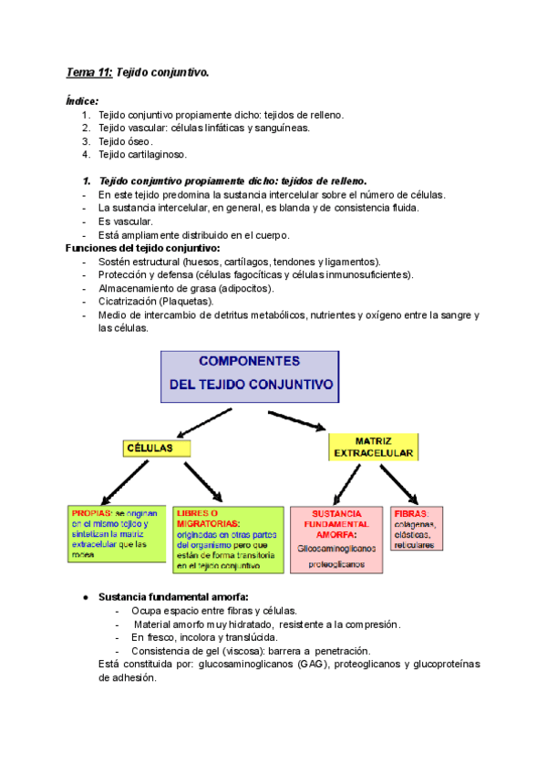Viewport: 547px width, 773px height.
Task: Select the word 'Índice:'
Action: [83, 101]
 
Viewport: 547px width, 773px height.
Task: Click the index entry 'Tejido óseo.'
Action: [126, 141]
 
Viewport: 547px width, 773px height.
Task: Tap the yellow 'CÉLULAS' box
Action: [158, 448]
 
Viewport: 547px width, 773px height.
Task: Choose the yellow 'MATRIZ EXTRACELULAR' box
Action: [373, 446]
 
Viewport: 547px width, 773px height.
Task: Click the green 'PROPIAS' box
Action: [119, 531]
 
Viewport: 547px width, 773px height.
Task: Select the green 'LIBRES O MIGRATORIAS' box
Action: [227, 539]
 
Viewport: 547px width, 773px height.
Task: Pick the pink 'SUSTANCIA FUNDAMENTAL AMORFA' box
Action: [335, 539]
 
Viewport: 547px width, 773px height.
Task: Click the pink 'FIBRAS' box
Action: [417, 528]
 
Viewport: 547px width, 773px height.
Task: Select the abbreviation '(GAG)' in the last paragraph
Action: [314, 665]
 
